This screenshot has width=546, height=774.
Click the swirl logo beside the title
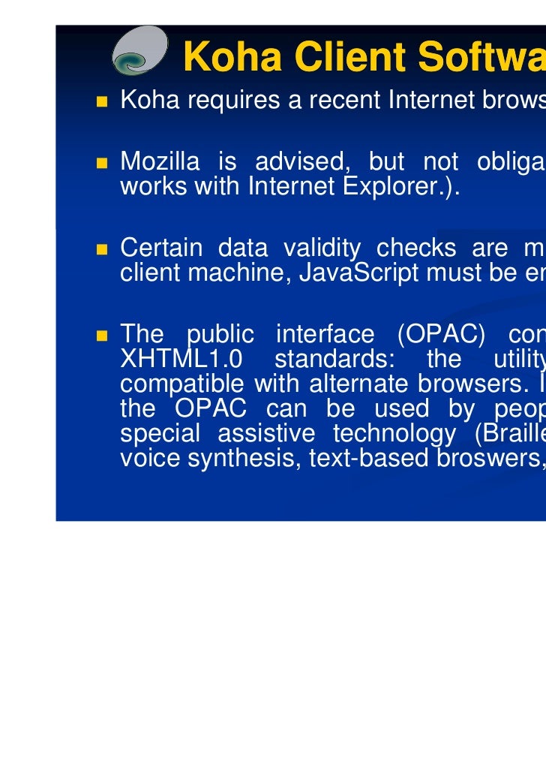pos(140,51)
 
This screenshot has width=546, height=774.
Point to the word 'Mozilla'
pos(159,161)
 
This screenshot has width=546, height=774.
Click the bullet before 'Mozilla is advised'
pos(101,161)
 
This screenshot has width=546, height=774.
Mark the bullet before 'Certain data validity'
pos(101,248)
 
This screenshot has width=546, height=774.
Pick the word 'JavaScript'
pos(357,273)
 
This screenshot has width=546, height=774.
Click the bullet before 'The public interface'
pos(101,334)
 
